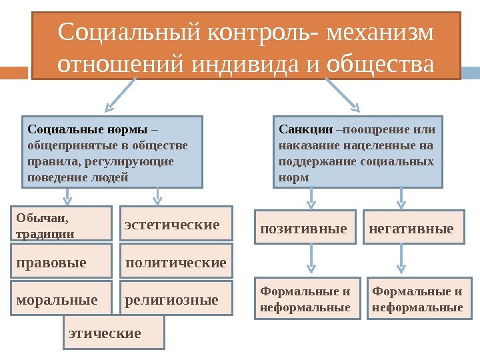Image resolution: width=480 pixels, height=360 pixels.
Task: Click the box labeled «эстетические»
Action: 175,223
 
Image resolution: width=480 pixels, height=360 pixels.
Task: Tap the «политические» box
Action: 175,262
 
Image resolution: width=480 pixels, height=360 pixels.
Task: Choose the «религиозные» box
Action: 175,299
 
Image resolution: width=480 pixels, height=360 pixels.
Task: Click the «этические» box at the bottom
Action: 113,332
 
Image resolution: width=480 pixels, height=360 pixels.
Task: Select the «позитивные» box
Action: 307,228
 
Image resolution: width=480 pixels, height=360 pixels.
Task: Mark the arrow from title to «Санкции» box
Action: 343,94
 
